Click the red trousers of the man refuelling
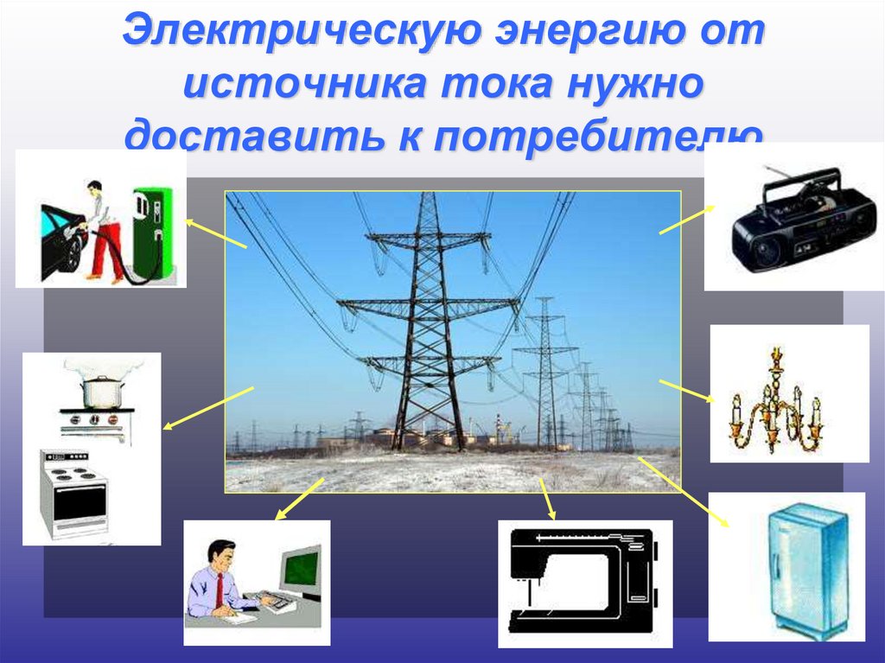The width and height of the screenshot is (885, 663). [x=107, y=250]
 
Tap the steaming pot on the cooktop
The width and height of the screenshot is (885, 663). [x=99, y=392]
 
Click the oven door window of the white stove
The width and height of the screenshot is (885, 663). [x=79, y=500]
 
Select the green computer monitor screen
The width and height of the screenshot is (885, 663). [x=301, y=570]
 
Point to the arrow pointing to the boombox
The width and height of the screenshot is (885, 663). [x=687, y=220]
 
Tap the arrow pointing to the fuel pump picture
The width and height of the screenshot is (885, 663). [x=215, y=234]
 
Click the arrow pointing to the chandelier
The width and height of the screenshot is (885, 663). [x=687, y=391]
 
